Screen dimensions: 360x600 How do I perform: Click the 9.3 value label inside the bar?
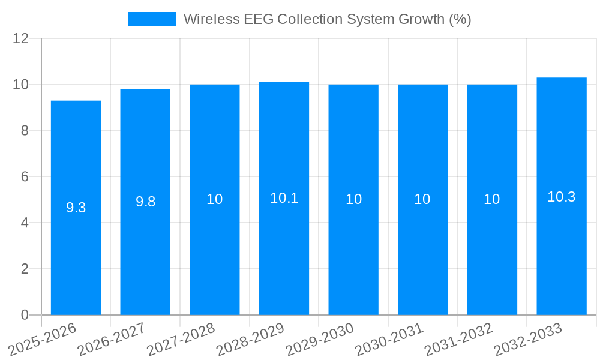[76, 208]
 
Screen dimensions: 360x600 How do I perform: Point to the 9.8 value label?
[145, 202]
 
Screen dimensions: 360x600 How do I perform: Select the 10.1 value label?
[284, 198]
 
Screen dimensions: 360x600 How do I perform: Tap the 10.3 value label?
[562, 196]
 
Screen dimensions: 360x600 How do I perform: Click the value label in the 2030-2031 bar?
[422, 199]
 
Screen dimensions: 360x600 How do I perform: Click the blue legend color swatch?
[152, 19]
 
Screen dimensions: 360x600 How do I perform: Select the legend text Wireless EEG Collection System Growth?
[327, 19]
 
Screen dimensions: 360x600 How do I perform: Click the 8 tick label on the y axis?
[25, 131]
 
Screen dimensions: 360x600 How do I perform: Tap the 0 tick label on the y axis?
[25, 315]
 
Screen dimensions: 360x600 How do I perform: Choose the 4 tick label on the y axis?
[25, 223]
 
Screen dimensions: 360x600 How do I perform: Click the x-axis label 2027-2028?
[180, 340]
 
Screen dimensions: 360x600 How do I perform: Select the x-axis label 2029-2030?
[319, 340]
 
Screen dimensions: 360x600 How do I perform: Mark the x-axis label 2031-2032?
[458, 340]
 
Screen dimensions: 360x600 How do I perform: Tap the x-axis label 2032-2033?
[527, 340]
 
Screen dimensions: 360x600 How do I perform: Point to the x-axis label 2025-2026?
[41, 340]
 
